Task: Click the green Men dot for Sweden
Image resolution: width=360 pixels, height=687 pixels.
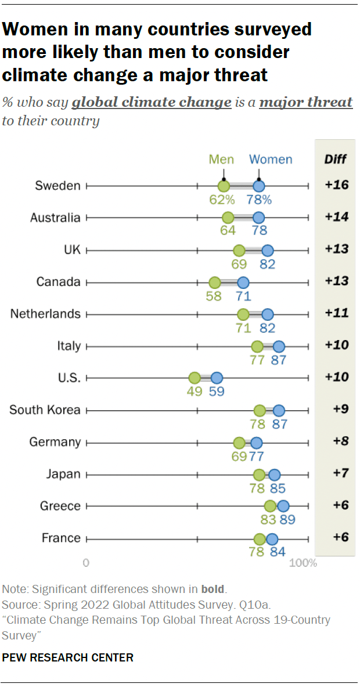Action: (224, 186)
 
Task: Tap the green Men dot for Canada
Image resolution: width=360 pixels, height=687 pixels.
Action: (215, 283)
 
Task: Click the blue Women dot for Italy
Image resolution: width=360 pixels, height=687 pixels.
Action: (279, 346)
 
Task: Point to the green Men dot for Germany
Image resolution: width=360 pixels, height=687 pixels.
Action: (239, 443)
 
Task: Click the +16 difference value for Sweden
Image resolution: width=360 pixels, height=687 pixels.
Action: (336, 185)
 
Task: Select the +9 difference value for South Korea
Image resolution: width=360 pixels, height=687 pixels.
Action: (340, 409)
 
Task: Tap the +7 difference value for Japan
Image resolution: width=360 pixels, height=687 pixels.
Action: (340, 473)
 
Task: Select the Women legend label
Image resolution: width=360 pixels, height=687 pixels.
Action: (271, 160)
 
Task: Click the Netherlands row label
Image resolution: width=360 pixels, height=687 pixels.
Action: (45, 314)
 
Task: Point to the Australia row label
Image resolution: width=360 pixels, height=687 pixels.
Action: (55, 218)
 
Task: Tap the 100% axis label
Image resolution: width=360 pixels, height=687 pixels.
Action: (303, 563)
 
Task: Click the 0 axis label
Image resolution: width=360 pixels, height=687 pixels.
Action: (86, 563)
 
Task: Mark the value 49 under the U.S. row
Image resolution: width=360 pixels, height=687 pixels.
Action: (195, 392)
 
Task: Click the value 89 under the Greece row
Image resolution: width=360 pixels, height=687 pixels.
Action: (287, 520)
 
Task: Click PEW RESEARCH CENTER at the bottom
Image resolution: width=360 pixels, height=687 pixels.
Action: (68, 657)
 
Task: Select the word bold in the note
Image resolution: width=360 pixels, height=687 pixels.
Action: (213, 589)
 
